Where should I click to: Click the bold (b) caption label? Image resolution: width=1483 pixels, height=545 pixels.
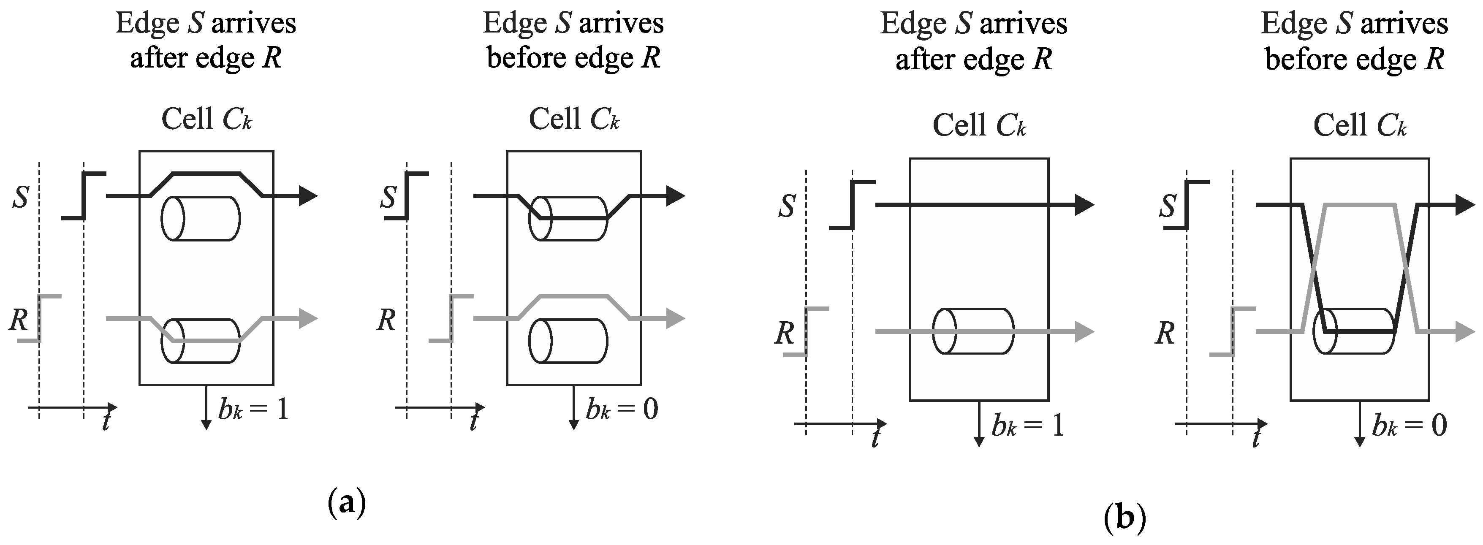click(1125, 518)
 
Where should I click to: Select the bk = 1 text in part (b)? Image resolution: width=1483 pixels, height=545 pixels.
click(1028, 426)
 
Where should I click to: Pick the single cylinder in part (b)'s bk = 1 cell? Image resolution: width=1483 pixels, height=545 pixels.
click(972, 331)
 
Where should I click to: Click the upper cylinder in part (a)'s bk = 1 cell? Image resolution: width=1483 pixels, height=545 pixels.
click(200, 219)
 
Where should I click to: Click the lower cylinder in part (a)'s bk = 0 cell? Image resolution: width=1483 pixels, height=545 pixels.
click(568, 341)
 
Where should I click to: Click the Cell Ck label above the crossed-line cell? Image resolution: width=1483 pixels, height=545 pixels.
click(1360, 125)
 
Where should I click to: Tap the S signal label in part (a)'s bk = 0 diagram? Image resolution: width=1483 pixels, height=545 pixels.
click(388, 198)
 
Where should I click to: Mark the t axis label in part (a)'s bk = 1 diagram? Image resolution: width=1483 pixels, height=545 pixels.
click(106, 422)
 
